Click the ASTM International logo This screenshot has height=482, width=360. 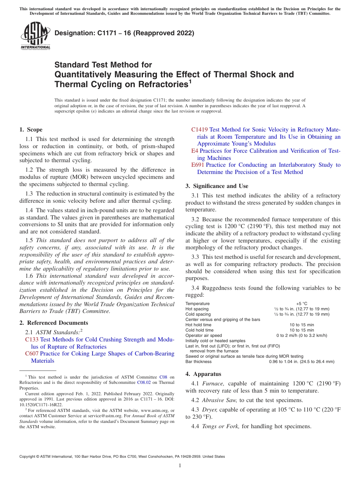point(35,36)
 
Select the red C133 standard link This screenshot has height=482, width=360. point(32,340)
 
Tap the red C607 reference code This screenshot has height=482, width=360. point(32,354)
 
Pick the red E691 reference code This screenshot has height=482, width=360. point(197,165)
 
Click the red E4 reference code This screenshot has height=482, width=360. point(194,151)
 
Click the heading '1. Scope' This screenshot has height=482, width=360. point(31,130)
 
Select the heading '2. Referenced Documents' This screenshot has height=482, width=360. point(54,323)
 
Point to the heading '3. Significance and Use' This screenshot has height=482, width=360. point(217,186)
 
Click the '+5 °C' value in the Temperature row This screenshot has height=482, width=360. point(302,304)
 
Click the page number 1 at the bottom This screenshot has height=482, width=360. point(180,466)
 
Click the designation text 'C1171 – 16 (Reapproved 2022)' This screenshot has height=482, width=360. point(143,33)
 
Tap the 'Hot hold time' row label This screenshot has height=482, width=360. point(198,325)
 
